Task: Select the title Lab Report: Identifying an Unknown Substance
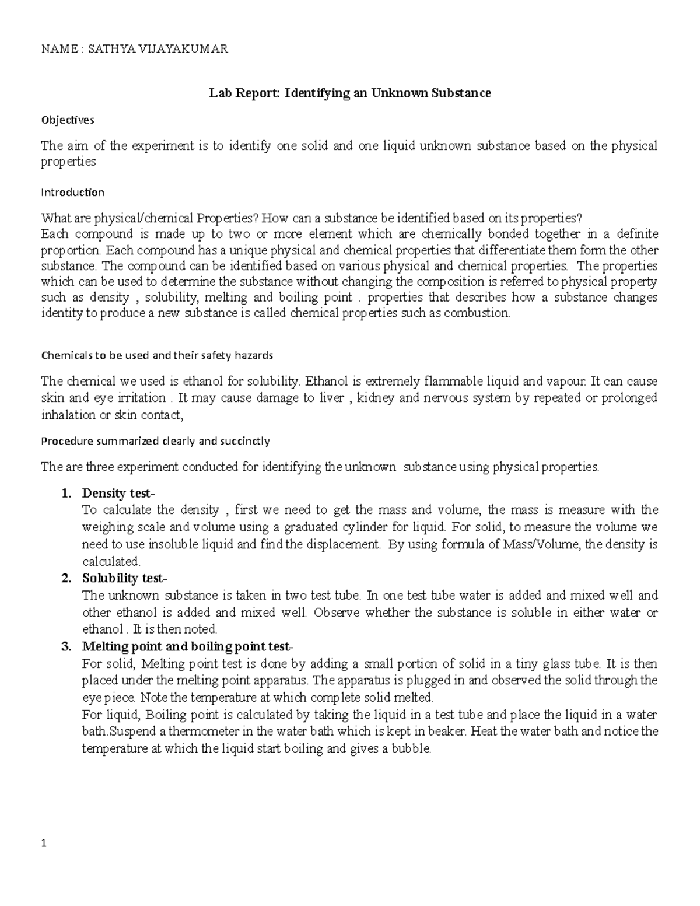(350, 93)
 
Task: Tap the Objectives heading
(67, 120)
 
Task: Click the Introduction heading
(72, 192)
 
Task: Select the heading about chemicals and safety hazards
(156, 355)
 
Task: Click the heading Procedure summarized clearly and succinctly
(155, 441)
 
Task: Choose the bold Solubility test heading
(124, 579)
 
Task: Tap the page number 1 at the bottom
(43, 844)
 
